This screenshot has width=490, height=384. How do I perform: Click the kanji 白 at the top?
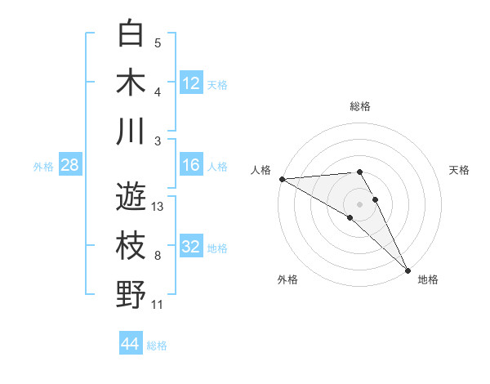coord(131,34)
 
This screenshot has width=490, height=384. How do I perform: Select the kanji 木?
coord(131,83)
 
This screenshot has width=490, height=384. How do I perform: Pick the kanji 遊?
coord(131,197)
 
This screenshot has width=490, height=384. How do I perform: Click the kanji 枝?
coord(131,246)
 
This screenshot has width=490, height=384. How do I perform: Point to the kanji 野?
coord(131,295)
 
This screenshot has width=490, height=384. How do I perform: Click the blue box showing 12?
coord(191,83)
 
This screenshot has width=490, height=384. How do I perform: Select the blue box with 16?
coord(191,166)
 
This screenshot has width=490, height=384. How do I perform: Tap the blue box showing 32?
coord(191,248)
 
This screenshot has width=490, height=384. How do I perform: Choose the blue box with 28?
coord(70,166)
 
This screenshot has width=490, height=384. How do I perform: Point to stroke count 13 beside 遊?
coord(158,207)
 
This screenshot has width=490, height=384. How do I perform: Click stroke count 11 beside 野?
coord(158,305)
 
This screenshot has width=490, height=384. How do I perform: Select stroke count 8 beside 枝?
coord(158,256)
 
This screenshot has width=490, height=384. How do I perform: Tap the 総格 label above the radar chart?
coord(360,106)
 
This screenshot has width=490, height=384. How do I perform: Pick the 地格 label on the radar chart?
coord(428,279)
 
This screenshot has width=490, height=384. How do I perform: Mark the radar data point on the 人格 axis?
coord(282,179)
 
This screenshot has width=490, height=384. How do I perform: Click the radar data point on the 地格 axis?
coord(407,269)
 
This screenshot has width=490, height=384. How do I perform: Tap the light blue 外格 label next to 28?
coord(43,167)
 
